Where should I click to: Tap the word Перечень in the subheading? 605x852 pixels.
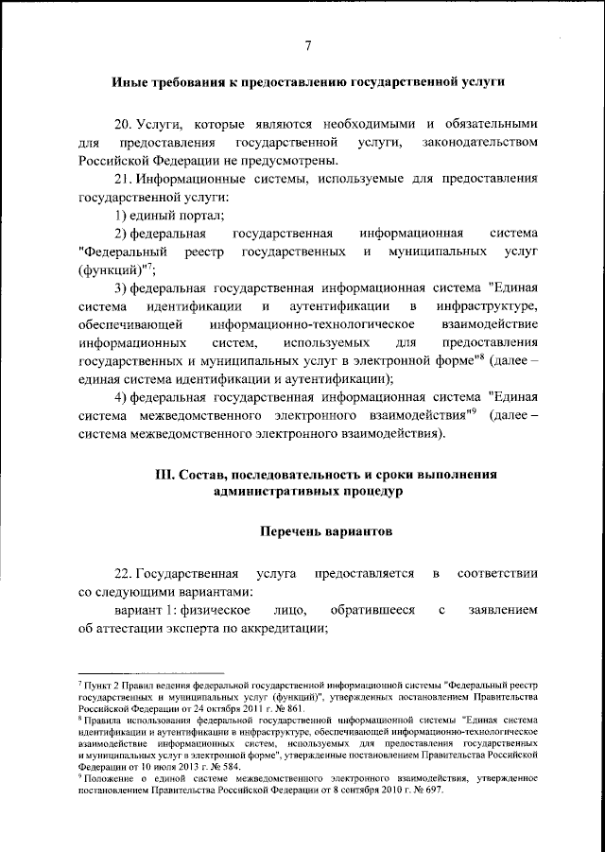pos(295,532)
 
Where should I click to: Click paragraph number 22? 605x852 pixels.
pos(123,574)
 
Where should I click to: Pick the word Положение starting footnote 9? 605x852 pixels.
pos(106,778)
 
